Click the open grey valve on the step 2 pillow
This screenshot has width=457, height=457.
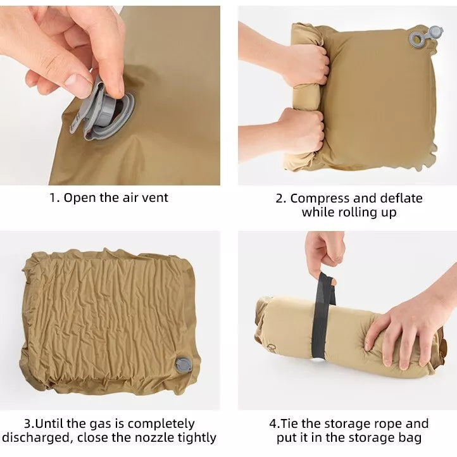(x=426, y=37)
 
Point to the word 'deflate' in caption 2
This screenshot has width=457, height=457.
(x=401, y=198)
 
